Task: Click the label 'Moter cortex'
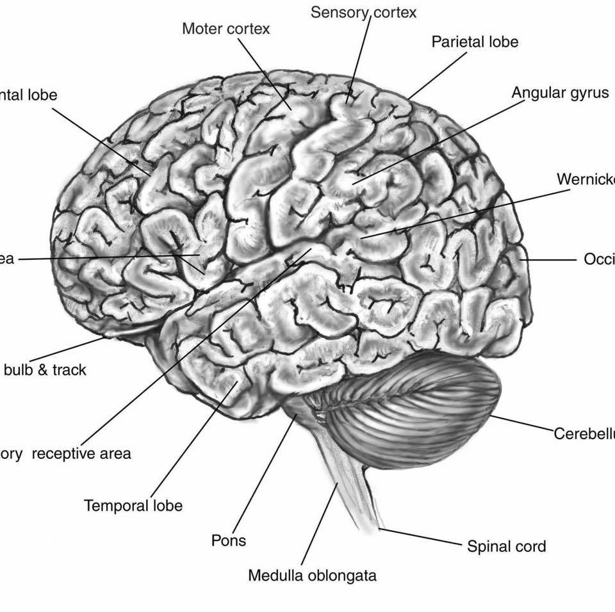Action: tap(225, 29)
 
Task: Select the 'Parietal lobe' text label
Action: tap(475, 42)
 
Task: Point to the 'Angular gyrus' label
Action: tap(559, 93)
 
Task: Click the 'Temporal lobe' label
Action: tap(133, 506)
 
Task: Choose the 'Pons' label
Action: tap(229, 540)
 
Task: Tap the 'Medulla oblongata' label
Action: tap(312, 576)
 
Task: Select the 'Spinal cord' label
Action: tap(506, 547)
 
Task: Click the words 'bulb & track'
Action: tap(45, 370)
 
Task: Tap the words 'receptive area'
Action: tap(81, 454)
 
